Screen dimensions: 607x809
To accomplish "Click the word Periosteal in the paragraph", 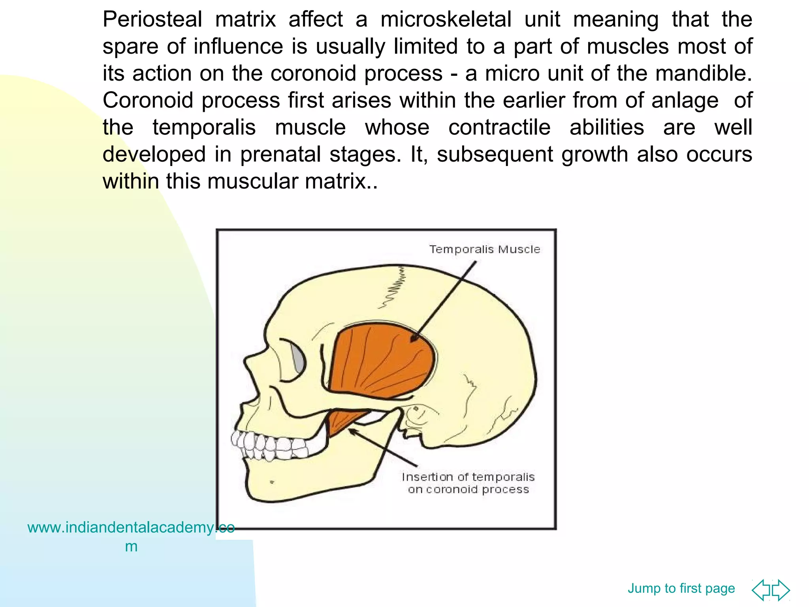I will coord(152,19).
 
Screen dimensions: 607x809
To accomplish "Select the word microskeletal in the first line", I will coord(446,19).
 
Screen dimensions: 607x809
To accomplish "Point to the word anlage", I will coord(685,100).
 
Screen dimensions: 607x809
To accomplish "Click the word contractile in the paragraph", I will coord(499,128).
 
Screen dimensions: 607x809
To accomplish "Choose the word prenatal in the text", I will coord(280,155).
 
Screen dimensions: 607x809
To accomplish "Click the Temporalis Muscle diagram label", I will coord(484,249).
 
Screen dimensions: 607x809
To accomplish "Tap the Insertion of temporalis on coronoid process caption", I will coord(468,483).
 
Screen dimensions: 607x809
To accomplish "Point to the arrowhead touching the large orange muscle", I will coord(414,339).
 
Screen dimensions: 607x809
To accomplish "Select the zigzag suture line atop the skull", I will coord(393,288).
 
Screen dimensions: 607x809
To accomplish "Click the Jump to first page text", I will coord(681,588).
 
